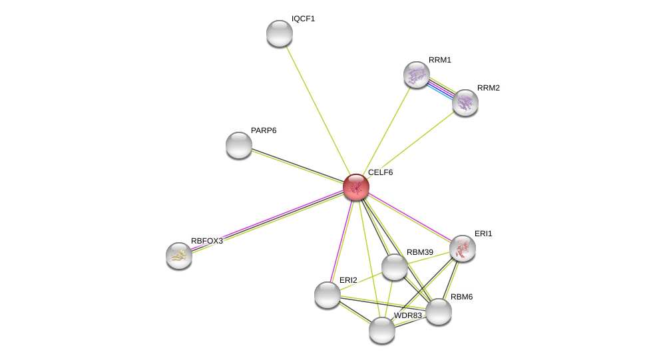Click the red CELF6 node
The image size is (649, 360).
[x=356, y=187]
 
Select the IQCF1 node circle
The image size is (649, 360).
[x=280, y=33]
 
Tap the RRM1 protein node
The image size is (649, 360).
[x=417, y=75]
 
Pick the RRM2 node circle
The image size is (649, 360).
[x=465, y=102]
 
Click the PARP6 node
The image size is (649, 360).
[x=239, y=145]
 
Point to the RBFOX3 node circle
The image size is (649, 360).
[x=179, y=256]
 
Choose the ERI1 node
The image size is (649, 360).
[x=463, y=248]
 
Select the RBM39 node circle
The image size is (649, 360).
[x=395, y=267]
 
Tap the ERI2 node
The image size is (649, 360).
[x=327, y=295]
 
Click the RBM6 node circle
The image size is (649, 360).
[x=439, y=311]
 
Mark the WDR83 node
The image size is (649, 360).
[x=382, y=330]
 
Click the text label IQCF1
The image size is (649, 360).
[x=303, y=19]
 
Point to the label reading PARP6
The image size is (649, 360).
[x=264, y=130]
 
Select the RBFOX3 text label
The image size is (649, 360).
[x=206, y=241]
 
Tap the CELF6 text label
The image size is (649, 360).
[x=380, y=172]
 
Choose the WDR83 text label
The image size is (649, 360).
[x=407, y=315]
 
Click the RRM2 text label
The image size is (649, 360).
[x=488, y=88]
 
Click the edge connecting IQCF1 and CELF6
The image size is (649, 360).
[x=316, y=106]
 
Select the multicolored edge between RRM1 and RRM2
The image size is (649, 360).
[x=441, y=89]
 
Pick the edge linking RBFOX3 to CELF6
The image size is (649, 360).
[x=266, y=221]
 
